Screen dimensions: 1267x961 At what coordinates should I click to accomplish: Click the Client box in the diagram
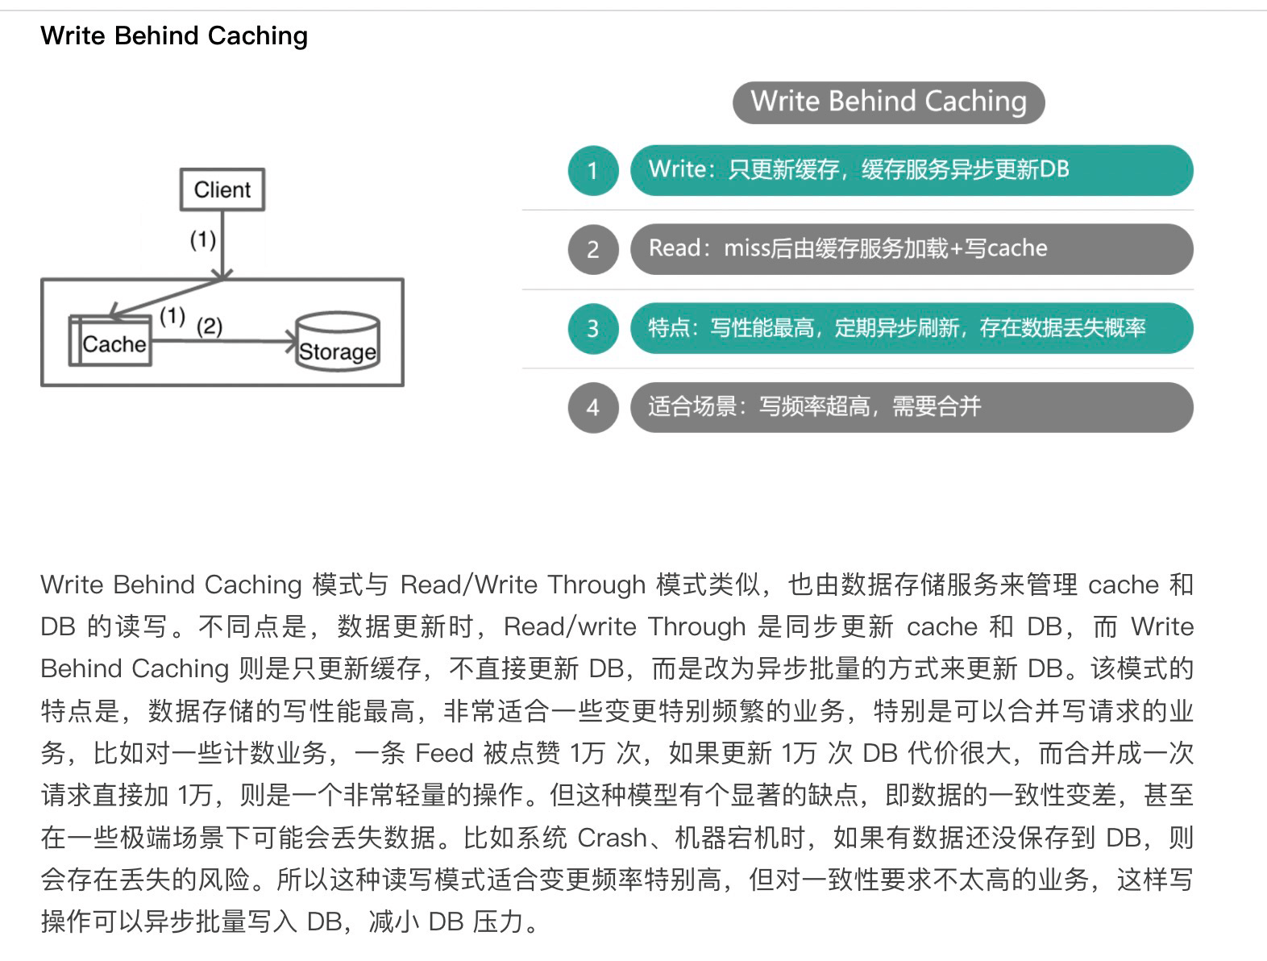[222, 189]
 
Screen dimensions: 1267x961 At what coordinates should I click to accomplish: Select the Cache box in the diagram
[110, 340]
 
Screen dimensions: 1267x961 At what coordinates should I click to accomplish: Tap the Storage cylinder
[338, 341]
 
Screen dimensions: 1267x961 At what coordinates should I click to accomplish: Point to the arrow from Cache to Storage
[224, 340]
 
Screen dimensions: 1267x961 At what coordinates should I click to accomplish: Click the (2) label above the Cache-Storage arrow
[209, 327]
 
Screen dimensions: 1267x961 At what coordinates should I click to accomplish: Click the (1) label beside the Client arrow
[202, 239]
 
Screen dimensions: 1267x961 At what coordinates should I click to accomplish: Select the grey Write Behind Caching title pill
[888, 102]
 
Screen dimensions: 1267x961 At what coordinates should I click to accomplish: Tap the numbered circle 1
[593, 171]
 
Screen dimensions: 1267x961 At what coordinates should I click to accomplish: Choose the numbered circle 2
[593, 249]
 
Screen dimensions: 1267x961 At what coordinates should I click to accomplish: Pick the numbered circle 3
[593, 328]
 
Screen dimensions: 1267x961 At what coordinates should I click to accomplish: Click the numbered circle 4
[593, 407]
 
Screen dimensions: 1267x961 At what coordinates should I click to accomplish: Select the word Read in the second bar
[674, 248]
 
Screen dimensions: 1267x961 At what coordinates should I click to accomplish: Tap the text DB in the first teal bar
[1054, 169]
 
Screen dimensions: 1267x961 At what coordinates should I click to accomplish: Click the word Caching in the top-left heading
[257, 35]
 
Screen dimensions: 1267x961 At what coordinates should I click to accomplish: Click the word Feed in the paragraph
[444, 753]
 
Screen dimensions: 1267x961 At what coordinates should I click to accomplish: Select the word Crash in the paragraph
[612, 838]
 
